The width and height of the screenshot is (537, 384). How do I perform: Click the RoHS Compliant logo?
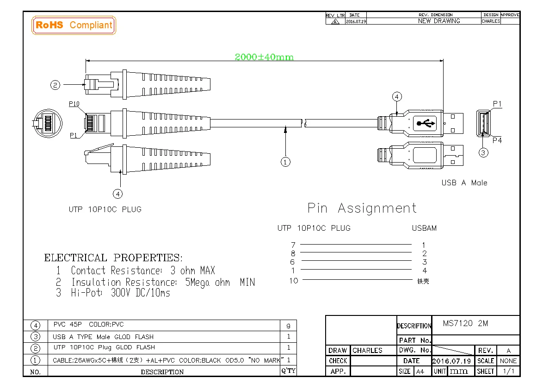[74, 25]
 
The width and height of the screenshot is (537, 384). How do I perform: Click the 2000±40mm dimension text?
[264, 57]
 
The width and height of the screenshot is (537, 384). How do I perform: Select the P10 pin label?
[74, 104]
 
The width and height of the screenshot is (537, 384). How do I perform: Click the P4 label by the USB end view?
[497, 140]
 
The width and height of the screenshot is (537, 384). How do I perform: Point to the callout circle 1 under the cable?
[286, 162]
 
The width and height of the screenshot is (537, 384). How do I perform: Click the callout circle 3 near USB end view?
[483, 152]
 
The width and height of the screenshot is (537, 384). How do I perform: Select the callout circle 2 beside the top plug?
[56, 85]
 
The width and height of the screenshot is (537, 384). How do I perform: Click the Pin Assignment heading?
[362, 208]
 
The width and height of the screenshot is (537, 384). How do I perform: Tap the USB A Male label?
[464, 183]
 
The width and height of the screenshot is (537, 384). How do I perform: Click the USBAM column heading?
[424, 228]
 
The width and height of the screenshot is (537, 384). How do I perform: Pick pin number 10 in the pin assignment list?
[294, 280]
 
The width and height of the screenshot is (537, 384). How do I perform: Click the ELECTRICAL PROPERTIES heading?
[113, 258]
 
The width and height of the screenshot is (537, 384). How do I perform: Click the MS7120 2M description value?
[465, 323]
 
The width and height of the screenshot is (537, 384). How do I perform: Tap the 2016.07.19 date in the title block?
[451, 361]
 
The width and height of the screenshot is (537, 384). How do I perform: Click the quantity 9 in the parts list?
[289, 326]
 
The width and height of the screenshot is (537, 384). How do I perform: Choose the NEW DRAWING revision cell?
[438, 21]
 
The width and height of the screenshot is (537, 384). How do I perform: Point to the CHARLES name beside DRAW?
[367, 350]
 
